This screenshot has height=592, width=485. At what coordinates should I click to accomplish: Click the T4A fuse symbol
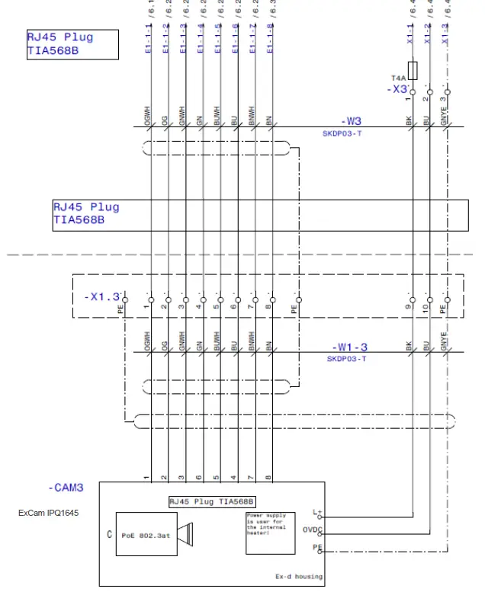413,71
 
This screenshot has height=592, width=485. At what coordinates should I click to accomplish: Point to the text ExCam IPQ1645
48,513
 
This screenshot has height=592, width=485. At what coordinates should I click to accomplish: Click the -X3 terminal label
397,89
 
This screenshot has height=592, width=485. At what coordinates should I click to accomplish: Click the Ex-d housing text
299,577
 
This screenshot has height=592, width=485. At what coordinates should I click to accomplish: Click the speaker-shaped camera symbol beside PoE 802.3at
185,536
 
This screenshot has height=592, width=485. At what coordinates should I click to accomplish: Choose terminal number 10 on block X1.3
429,311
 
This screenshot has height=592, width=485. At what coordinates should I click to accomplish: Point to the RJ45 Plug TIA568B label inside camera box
211,501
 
